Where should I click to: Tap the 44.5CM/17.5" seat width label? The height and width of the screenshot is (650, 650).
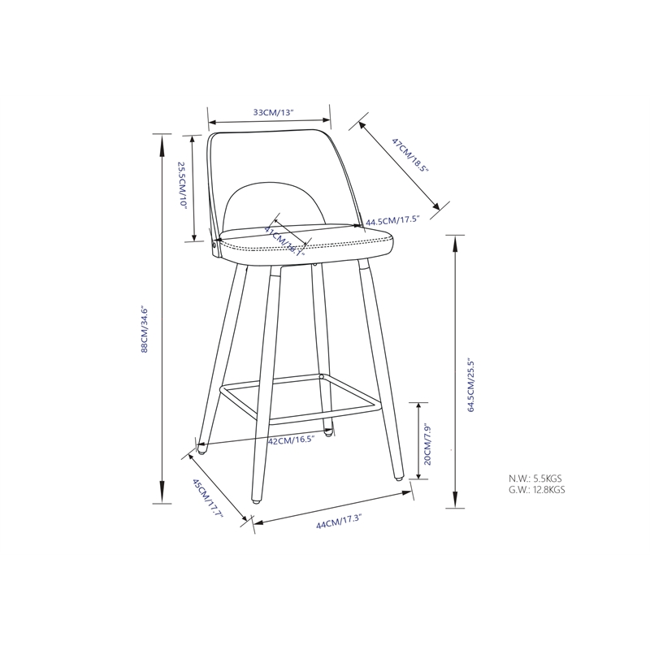click(392, 220)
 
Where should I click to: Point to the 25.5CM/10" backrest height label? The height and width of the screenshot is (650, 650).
click(183, 186)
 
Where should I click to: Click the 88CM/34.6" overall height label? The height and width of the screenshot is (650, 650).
click(145, 328)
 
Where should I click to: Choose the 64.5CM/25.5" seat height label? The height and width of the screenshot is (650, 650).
click(470, 374)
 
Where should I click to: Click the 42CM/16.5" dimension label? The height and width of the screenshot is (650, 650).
click(291, 440)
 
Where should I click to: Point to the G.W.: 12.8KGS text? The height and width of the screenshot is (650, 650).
click(537, 490)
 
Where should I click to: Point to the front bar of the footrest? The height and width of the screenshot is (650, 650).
click(321, 418)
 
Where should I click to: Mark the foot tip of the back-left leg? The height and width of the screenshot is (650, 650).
click(202, 444)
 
